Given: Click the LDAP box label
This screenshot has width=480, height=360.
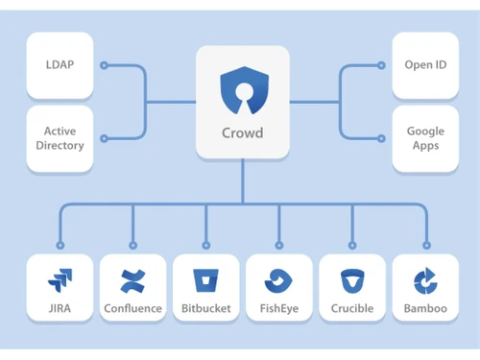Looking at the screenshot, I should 60,65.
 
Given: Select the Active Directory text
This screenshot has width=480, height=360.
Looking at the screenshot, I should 60,138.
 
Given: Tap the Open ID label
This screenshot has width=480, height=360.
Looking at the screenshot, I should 424,65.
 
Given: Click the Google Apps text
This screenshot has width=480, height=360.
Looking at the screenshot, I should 424,138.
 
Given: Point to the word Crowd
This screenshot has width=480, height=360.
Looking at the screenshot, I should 243,132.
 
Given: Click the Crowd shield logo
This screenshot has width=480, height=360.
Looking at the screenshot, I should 243,92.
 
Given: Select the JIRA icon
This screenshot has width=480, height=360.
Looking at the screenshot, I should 60,280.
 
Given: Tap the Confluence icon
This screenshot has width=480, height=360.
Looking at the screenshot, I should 132,280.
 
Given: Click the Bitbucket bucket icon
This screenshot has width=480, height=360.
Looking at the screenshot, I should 205,280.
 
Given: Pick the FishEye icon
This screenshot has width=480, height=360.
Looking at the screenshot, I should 278,280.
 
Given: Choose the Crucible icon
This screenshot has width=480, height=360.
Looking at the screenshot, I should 351,280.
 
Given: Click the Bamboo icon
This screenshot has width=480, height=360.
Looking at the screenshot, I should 424,280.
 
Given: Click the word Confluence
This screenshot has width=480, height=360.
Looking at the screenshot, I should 132,309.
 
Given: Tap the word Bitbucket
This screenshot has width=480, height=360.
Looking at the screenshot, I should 205,309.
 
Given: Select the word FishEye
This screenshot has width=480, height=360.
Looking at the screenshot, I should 278,309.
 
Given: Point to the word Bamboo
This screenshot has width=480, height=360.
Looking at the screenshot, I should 424,309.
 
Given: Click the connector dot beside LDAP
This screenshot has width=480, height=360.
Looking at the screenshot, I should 104,66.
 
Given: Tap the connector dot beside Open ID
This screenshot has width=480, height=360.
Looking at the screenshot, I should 381,66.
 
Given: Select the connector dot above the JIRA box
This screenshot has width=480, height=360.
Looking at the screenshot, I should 60,246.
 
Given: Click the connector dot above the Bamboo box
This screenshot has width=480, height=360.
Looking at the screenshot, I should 425,246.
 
